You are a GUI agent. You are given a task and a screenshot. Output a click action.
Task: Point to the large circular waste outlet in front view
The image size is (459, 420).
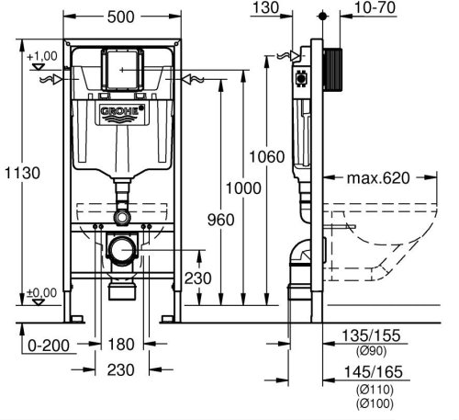point(123,248)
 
